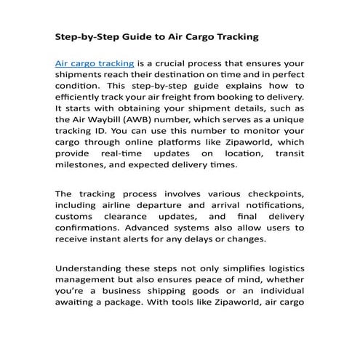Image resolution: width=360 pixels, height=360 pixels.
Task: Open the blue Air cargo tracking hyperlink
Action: point(89,64)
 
